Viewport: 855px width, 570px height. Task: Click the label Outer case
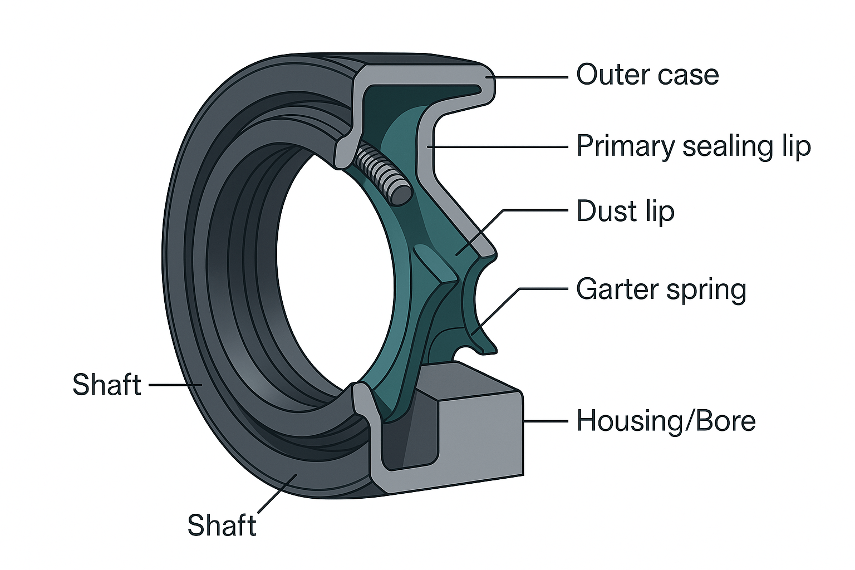point(647,75)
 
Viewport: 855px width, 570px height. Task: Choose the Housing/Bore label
point(666,421)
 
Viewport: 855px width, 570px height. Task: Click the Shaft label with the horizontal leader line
point(107,385)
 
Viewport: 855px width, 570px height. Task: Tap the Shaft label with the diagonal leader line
point(222,525)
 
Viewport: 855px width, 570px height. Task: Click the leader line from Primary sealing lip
point(501,147)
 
